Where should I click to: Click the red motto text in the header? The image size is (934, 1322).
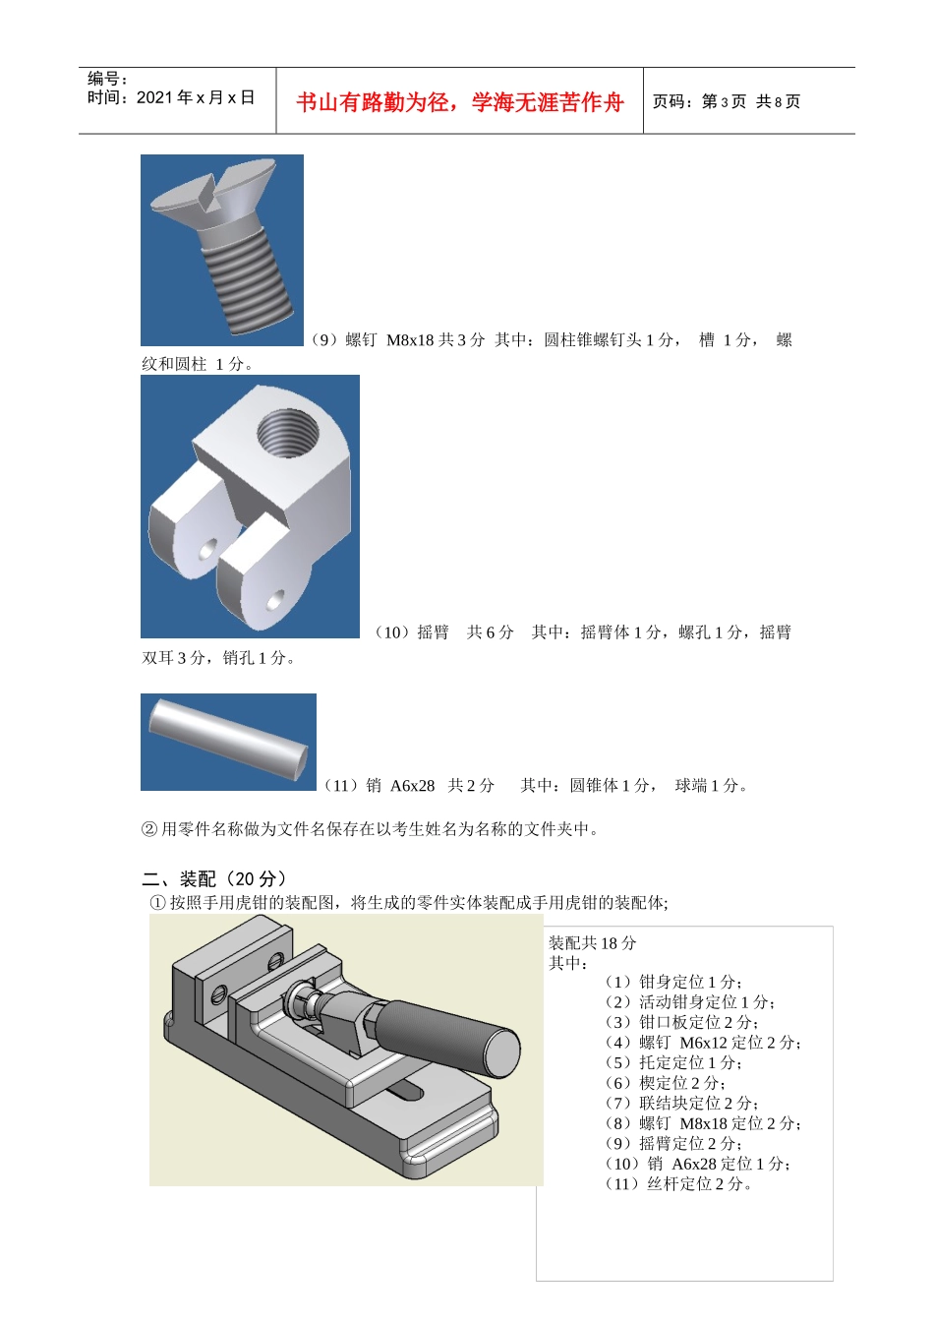tap(459, 102)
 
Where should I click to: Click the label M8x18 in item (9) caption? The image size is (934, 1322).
tap(410, 340)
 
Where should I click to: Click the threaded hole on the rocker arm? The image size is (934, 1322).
tap(286, 433)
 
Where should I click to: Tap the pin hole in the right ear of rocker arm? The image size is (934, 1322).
tap(274, 598)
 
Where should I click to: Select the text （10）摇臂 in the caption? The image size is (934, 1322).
tap(411, 632)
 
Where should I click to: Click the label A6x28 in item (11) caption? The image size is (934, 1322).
tap(412, 786)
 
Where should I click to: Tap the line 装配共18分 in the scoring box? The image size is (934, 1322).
tap(592, 943)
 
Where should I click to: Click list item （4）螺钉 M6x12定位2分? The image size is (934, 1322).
tap(703, 1043)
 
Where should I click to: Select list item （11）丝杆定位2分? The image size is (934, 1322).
tap(678, 1184)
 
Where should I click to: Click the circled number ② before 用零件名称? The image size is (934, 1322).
tap(149, 829)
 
